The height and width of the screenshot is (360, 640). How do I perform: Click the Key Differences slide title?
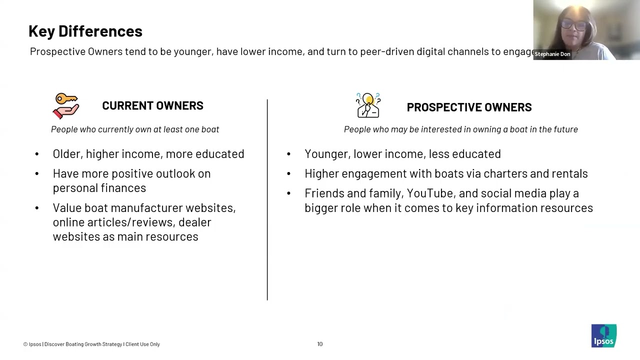[x=85, y=31]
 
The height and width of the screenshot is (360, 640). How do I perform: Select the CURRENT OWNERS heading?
[x=152, y=105]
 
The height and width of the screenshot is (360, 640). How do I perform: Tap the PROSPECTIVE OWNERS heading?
[x=469, y=107]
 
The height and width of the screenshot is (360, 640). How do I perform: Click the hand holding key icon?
[x=66, y=105]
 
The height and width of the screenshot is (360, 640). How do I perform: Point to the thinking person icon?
[x=368, y=105]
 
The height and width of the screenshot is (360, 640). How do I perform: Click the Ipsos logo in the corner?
[x=603, y=335]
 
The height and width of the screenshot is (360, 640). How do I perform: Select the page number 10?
[x=320, y=344]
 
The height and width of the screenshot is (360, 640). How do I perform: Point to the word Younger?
[x=326, y=154]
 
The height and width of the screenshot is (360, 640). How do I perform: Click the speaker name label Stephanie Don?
[x=552, y=54]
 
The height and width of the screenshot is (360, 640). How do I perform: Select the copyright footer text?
[x=91, y=344]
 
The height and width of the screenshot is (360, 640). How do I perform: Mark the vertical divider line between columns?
[x=267, y=200]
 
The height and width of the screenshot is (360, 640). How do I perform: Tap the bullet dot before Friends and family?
[x=288, y=193]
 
